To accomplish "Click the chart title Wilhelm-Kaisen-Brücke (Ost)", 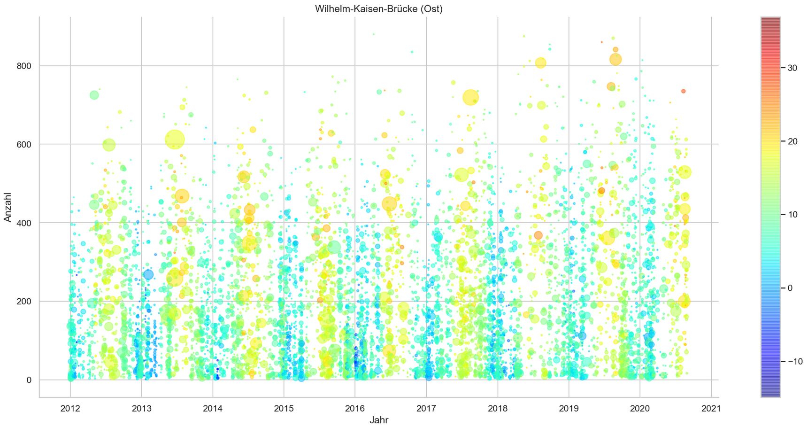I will pos(378,8).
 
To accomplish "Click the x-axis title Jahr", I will pos(378,419).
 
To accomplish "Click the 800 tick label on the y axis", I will pos(25,66).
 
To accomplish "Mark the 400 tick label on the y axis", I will pos(25,223).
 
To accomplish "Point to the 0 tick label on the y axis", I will pos(30,380).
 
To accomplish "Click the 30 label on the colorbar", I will pos(793,68).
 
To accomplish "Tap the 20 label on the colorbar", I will pos(793,141).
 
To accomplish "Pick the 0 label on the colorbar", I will pos(790,288).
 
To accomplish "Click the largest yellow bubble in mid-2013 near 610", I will pos(175,139).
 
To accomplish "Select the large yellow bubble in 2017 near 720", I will pos(470,97).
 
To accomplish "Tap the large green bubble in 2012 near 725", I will pos(94,95).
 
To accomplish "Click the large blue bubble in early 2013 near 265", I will pos(148,274).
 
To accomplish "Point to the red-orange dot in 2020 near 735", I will pos(683,91).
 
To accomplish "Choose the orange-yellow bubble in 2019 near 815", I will pos(616,59).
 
